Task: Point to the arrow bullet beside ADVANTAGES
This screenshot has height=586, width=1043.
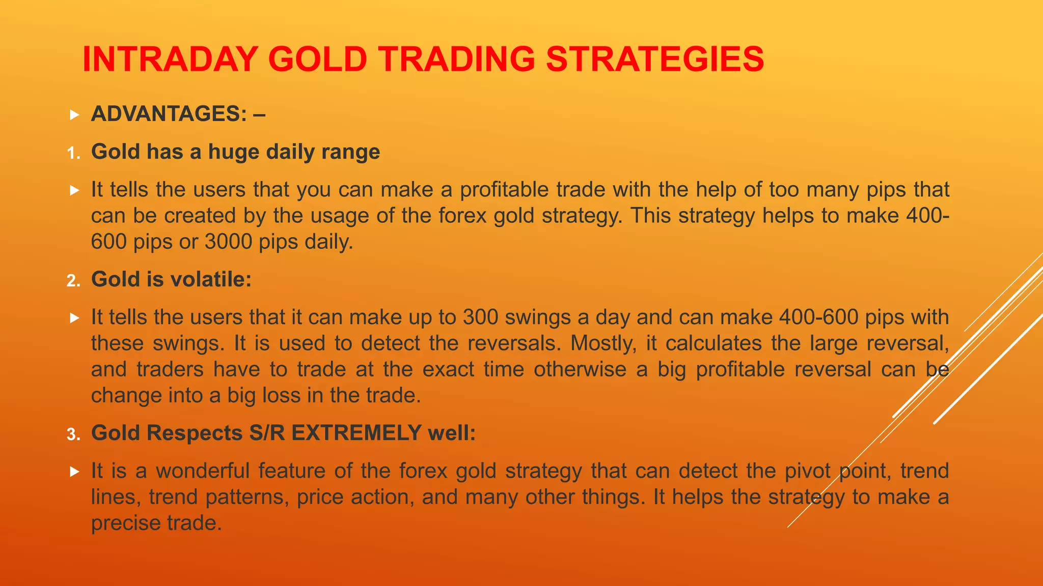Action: (75, 115)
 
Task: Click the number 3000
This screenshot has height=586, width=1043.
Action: (228, 242)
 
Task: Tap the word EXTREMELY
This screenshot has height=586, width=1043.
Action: (356, 433)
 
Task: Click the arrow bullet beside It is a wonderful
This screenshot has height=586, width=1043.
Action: (75, 472)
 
